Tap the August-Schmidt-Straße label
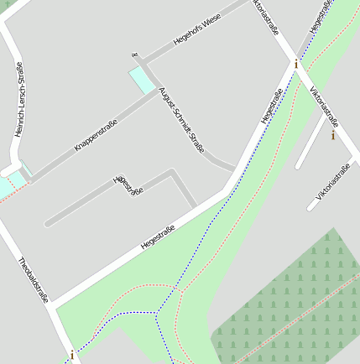coord(181,120)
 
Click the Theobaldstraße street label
coord(34,280)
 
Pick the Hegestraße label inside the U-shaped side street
coord(128,185)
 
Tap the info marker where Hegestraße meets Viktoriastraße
coord(295,64)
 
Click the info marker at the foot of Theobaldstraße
coord(72,355)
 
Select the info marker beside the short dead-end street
coord(333,134)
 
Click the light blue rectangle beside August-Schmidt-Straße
coord(141,80)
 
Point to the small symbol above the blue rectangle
coord(134,55)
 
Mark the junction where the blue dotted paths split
coord(157,312)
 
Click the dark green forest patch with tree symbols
coord(294,302)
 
